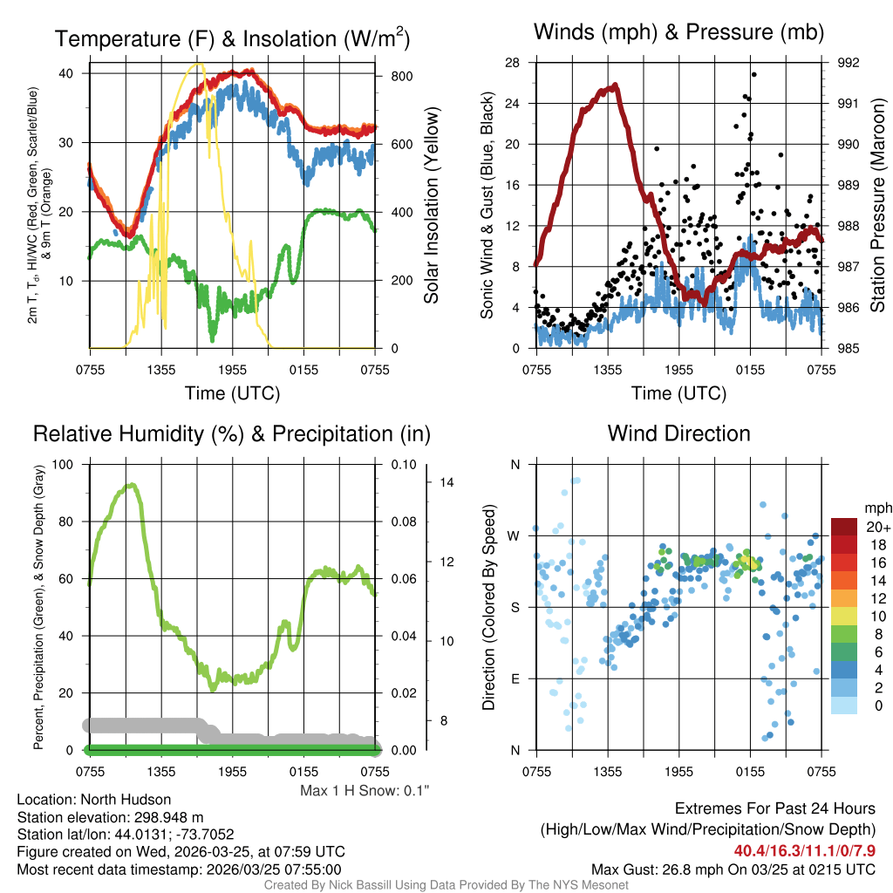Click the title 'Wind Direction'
pos(678,433)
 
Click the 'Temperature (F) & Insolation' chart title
pos(232,39)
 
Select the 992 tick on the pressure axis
pos(849,63)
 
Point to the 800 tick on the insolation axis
pos(401,76)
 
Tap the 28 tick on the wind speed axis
pos(513,63)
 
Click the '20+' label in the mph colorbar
pos(876,527)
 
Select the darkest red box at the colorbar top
pos(844,527)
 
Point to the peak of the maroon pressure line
pos(615,85)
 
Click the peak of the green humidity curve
pos(131,485)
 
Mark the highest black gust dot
pos(753,75)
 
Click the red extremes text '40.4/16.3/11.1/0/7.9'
pos(801,850)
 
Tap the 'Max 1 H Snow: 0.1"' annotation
pos(364,790)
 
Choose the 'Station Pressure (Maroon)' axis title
pos(877,206)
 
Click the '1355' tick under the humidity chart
pos(161,771)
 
